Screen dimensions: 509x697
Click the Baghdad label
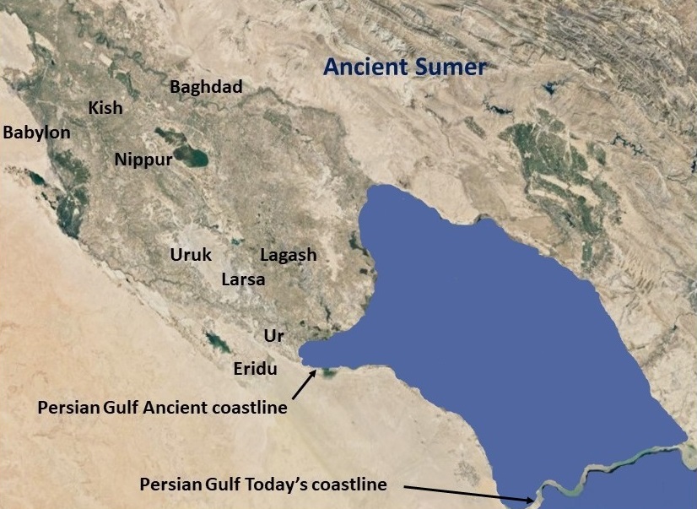(x=206, y=87)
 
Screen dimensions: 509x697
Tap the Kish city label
(x=105, y=108)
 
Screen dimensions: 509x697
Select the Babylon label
(x=36, y=133)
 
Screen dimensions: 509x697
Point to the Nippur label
(x=143, y=159)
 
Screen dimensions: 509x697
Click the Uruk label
(x=191, y=255)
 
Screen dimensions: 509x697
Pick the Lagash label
(x=289, y=255)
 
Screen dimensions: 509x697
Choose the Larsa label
(x=243, y=279)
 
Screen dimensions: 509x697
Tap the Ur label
(x=273, y=336)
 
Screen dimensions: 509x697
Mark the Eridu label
(x=256, y=368)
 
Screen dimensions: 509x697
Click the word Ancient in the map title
(x=367, y=67)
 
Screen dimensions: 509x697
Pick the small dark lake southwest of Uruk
(x=218, y=342)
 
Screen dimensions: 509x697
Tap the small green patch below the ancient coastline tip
(x=328, y=372)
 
